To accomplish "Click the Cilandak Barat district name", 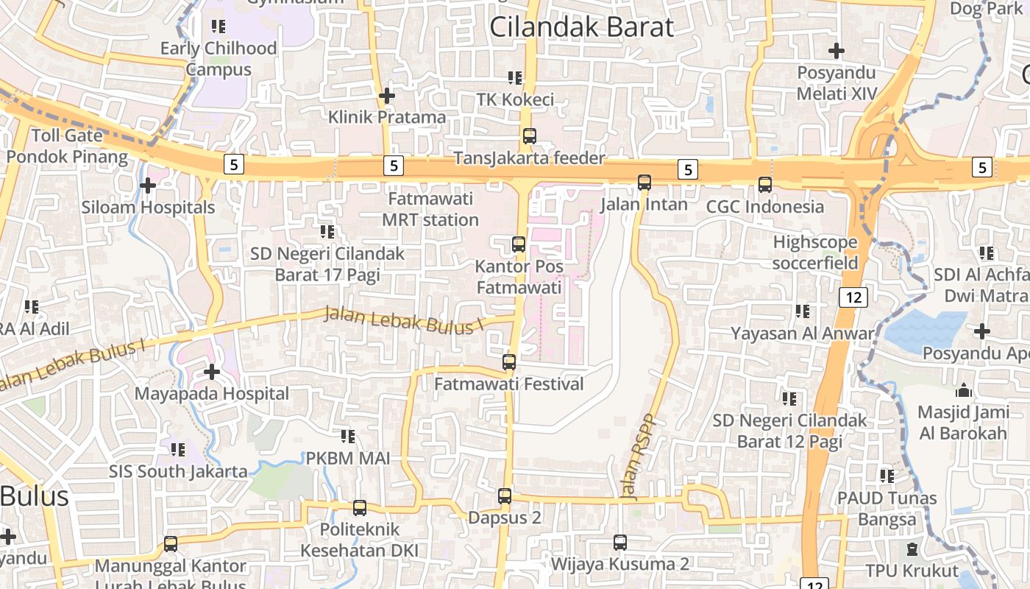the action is click(581, 27).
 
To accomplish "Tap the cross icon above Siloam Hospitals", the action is click(148, 186).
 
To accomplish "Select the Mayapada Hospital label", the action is click(212, 394).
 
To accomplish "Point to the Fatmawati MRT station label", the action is click(430, 210).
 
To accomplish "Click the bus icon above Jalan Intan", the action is click(644, 182).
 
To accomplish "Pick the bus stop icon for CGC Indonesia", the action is click(765, 185).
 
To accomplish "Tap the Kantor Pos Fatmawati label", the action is click(519, 277).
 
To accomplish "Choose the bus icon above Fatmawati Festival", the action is click(509, 362).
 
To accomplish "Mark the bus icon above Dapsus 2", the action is click(505, 496).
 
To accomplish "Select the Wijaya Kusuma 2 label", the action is click(620, 565).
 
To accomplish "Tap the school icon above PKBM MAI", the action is click(349, 437).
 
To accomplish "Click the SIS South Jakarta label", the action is click(179, 471).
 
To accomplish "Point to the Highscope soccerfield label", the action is click(815, 253).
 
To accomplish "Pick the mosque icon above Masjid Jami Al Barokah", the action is click(963, 390).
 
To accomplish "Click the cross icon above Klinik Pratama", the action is click(387, 96).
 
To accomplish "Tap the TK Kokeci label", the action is click(515, 99).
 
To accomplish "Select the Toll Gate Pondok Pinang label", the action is click(67, 146).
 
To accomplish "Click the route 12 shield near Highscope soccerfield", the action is click(853, 297).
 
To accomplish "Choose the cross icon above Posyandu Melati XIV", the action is click(837, 51).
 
